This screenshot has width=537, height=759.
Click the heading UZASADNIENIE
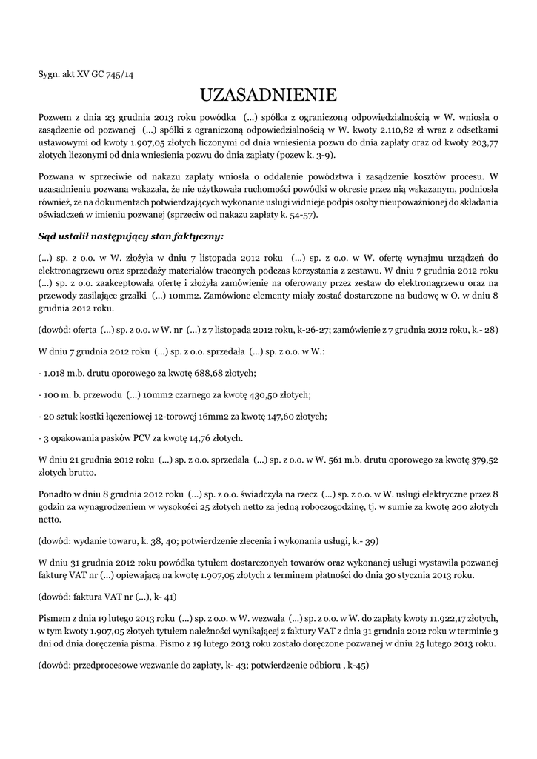[x=268, y=96]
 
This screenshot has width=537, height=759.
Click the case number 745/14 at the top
[x=119, y=74]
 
